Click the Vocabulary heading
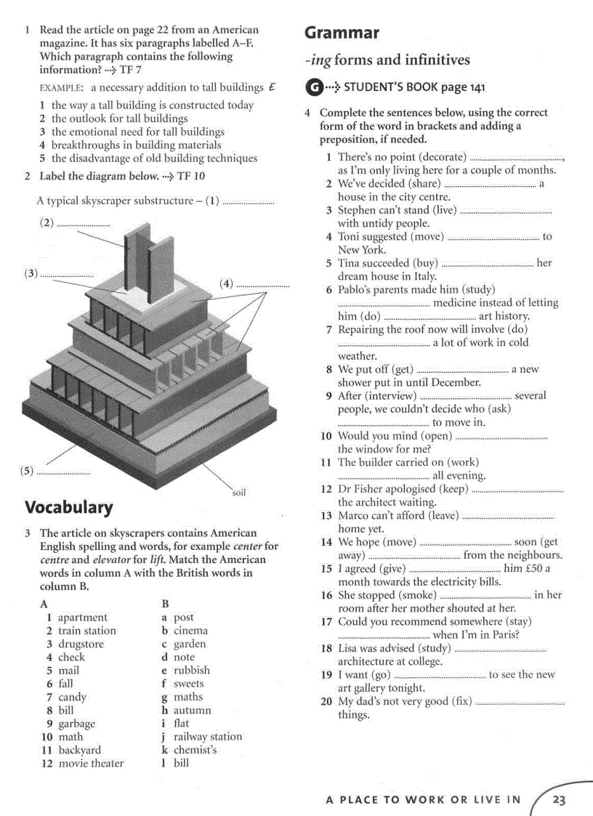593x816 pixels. pos(69,507)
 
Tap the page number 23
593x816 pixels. pos(559,800)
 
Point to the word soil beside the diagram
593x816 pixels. pos(239,493)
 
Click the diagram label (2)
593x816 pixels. pos(47,223)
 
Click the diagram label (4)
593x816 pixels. pos(227,283)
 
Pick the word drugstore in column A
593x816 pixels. pos(81,644)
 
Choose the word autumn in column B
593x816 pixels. pos(193,710)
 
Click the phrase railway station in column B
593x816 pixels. pos(208,737)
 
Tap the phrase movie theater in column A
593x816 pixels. pos(91,763)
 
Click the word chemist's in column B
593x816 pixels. pos(195,750)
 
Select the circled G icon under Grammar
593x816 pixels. pos(312,88)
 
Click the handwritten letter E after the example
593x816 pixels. pos(272,86)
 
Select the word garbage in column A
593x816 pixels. pos(76,724)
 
